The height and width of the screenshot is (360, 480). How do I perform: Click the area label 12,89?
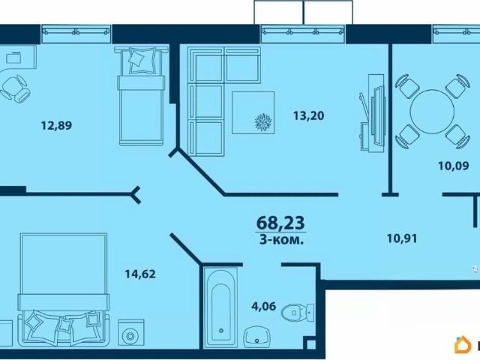(56, 125)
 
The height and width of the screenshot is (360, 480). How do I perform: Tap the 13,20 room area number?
(308, 115)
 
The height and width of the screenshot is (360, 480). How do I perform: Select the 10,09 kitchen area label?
(453, 166)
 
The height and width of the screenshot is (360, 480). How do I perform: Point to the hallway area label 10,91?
(402, 238)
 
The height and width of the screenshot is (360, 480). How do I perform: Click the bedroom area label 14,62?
(140, 274)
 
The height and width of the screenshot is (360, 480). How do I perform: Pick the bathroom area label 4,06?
(264, 306)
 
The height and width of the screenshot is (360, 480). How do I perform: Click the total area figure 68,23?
(280, 223)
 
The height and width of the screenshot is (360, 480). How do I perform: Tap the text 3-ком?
(281, 240)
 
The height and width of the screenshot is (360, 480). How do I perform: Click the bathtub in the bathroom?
(220, 307)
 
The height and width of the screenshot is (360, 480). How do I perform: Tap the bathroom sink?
(256, 337)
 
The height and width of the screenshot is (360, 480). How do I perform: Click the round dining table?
(432, 112)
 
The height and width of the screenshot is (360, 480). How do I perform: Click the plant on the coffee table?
(263, 122)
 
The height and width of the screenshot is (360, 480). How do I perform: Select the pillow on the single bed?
(142, 60)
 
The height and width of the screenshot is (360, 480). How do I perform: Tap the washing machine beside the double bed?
(131, 333)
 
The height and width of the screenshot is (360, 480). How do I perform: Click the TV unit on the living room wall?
(372, 112)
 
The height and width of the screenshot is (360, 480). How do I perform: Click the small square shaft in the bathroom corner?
(310, 343)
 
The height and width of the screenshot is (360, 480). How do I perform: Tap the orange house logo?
(463, 345)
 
